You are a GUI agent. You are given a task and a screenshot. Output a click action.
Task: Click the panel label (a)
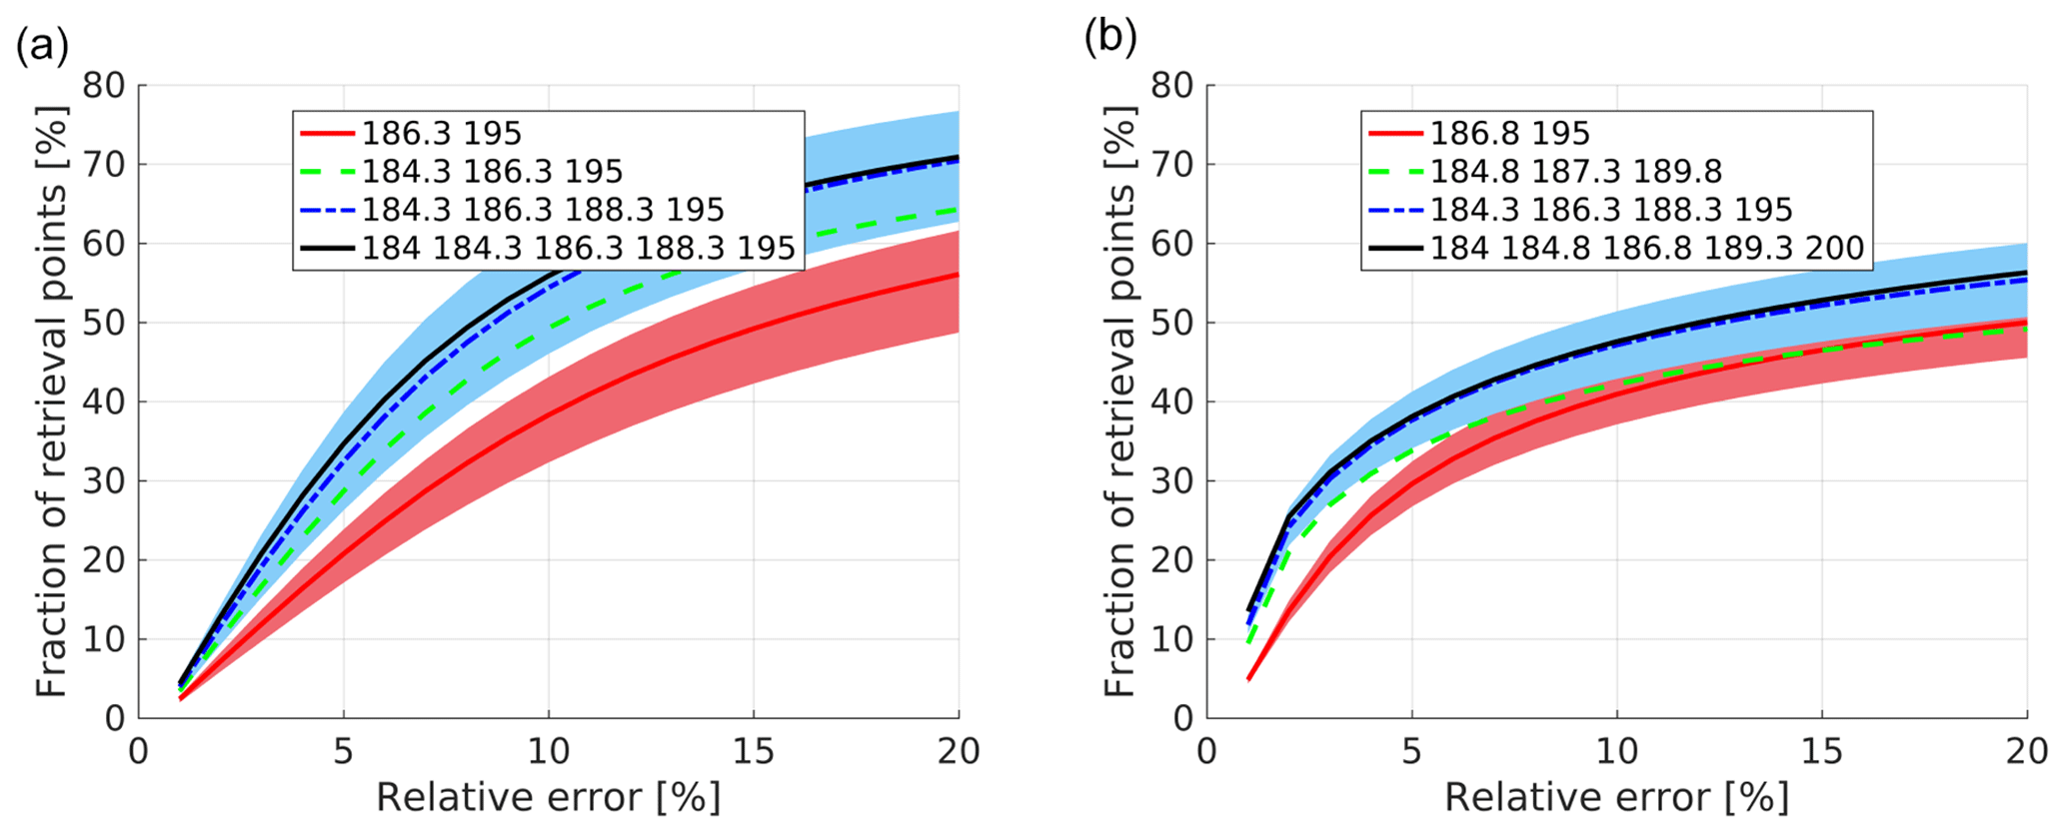point(42,47)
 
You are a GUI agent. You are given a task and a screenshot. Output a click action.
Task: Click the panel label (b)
point(1110,38)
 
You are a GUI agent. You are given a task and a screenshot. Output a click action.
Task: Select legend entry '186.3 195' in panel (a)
point(441,133)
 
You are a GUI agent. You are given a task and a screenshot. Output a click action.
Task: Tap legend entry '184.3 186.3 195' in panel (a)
point(492,171)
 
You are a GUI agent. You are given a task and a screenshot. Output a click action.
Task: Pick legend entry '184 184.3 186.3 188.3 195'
point(578,248)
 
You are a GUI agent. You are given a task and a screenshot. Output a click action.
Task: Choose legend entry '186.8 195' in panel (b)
point(1509,133)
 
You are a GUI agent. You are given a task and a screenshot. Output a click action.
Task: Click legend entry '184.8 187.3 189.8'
point(1575,171)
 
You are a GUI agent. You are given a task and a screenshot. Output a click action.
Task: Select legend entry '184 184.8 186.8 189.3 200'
point(1646,248)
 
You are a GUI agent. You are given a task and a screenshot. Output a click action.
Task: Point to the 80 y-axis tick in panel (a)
point(104,85)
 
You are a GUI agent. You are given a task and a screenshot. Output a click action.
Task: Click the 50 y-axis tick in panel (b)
point(1171,323)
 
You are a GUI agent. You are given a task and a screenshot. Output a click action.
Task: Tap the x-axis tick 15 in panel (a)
point(754,751)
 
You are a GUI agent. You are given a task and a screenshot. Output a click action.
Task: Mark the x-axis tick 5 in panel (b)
point(1411,751)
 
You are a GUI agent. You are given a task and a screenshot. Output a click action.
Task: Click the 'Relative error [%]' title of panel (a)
point(548,798)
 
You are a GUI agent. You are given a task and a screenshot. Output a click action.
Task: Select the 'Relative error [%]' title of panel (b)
point(1616,798)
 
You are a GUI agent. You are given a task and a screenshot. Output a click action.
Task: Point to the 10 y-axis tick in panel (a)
point(104,639)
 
